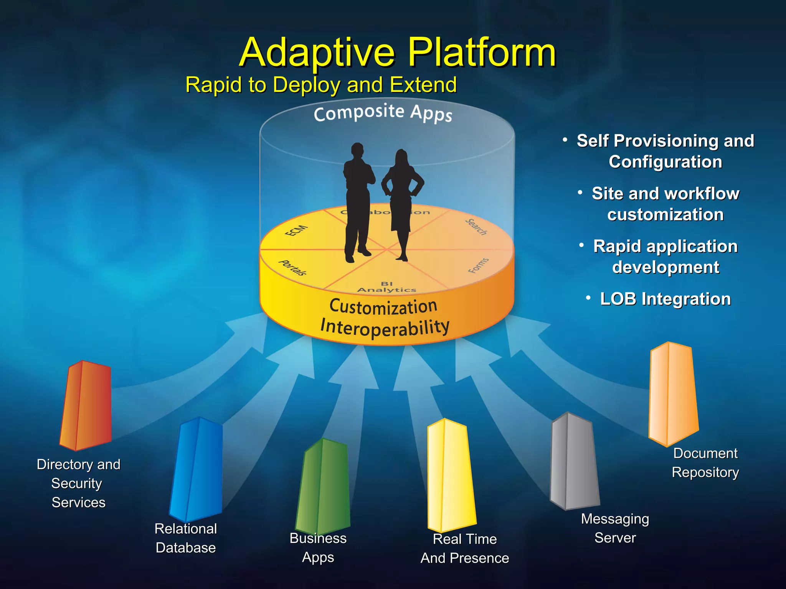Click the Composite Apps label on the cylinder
(383, 113)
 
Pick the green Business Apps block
(323, 487)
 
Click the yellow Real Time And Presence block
(451, 475)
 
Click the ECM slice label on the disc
(296, 230)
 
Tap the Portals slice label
(292, 267)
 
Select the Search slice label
(476, 227)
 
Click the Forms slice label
(479, 265)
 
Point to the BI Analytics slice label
(386, 287)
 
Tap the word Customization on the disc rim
(383, 307)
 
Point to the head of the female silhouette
(401, 157)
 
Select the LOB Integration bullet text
(665, 299)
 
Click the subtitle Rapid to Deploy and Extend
(321, 85)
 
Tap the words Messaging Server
(615, 528)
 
